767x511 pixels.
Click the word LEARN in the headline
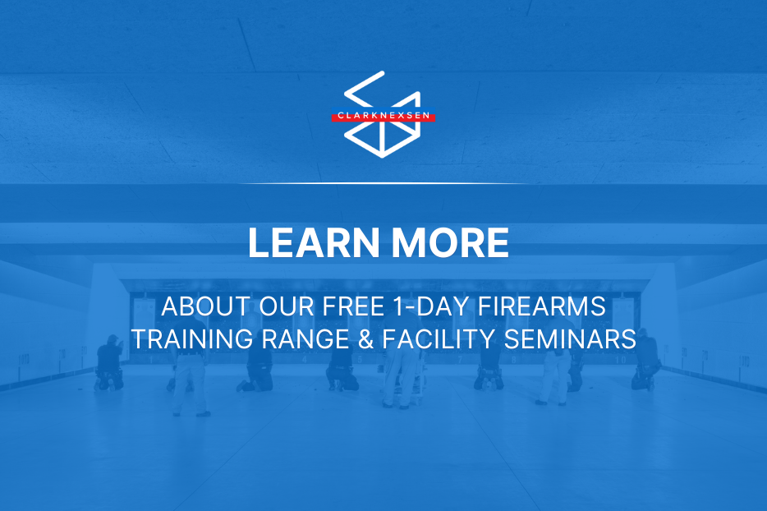pos(314,242)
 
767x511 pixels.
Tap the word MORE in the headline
pos(450,242)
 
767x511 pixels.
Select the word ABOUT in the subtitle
pos(206,306)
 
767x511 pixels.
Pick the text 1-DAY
pos(430,306)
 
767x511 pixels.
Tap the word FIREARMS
pos(541,306)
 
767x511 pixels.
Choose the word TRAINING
pos(192,339)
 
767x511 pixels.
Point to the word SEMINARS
pos(570,339)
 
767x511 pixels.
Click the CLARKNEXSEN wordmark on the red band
pos(383,116)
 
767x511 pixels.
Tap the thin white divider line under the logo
pos(383,183)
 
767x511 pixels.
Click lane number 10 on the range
pos(620,360)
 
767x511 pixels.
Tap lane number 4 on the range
pos(305,360)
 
